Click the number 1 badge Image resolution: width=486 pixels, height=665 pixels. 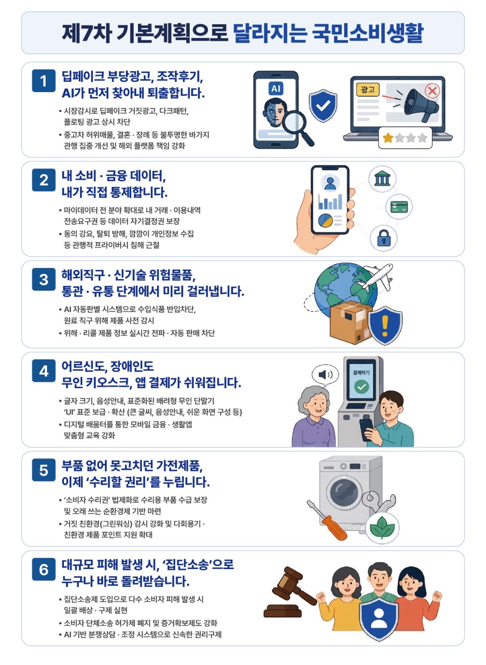[x=44, y=81]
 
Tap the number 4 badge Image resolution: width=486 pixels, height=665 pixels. [x=44, y=371]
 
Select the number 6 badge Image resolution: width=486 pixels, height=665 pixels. [x=44, y=570]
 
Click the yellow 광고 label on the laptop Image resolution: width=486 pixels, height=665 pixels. [x=368, y=89]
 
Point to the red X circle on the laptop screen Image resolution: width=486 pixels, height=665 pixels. [x=432, y=90]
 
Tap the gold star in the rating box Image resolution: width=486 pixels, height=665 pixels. [x=388, y=138]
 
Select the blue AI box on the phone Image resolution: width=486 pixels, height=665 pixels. [x=276, y=89]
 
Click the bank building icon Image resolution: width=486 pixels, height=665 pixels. [x=382, y=179]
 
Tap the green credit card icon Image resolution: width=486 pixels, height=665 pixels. [x=399, y=206]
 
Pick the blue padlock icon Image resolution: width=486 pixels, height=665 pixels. [x=384, y=238]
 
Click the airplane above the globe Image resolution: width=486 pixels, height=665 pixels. [x=376, y=277]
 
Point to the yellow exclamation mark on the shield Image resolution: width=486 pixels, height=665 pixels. [x=385, y=325]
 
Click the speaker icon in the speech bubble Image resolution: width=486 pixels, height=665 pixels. [x=325, y=375]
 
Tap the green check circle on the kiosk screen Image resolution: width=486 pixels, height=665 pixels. [x=362, y=387]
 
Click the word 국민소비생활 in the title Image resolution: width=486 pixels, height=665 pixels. [x=368, y=32]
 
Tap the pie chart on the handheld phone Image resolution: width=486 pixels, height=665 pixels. [x=325, y=221]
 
